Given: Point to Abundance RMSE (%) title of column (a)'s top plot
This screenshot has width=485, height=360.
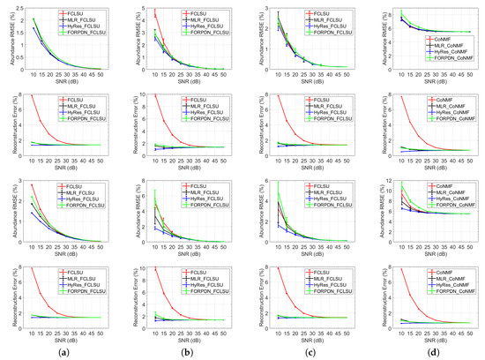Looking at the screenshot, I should pyautogui.click(x=6, y=39).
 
